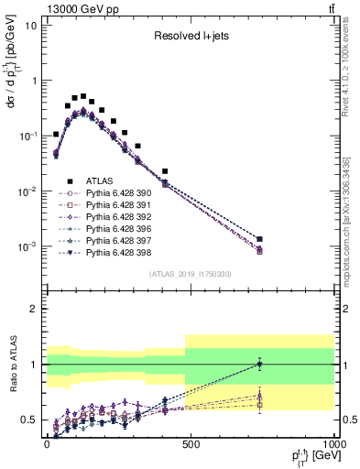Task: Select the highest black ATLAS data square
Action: point(83,96)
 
